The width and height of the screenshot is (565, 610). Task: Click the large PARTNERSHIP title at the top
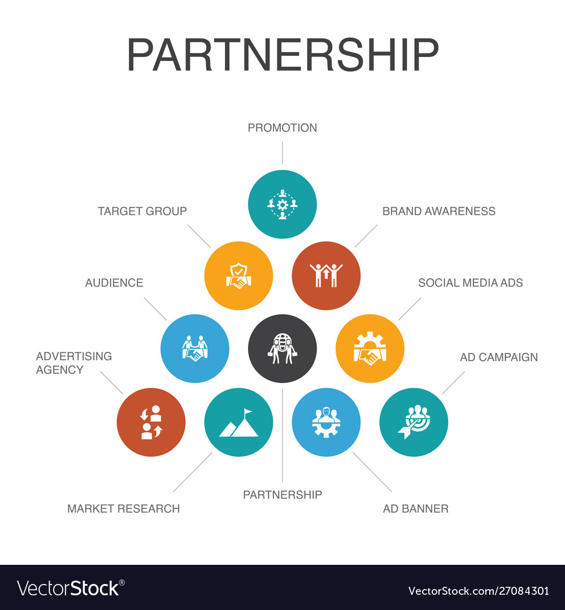[x=282, y=54]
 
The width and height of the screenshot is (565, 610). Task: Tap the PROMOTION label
[x=282, y=128]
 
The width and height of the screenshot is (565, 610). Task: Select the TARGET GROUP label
[x=142, y=211]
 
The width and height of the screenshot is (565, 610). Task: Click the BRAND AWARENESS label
[x=439, y=211]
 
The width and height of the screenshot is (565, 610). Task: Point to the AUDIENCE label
[x=114, y=282]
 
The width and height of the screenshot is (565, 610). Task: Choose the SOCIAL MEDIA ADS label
[x=471, y=282]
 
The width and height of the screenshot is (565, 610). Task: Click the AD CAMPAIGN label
[x=499, y=357]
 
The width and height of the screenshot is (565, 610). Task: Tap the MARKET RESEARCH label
[x=123, y=508]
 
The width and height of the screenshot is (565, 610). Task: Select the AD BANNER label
[x=416, y=508]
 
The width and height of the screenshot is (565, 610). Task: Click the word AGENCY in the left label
[x=59, y=369]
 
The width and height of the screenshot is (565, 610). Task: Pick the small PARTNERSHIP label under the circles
[x=282, y=494]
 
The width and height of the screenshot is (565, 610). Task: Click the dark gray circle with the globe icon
[x=282, y=348]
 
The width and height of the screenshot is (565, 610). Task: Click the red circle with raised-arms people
[x=326, y=276]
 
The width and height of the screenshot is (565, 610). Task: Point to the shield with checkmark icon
[x=238, y=276]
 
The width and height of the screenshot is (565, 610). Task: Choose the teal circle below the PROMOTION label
[x=282, y=204]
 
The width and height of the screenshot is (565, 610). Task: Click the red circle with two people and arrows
[x=151, y=422]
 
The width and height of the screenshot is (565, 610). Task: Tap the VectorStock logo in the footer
[x=71, y=588]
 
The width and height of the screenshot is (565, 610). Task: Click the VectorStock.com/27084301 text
[x=479, y=591]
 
